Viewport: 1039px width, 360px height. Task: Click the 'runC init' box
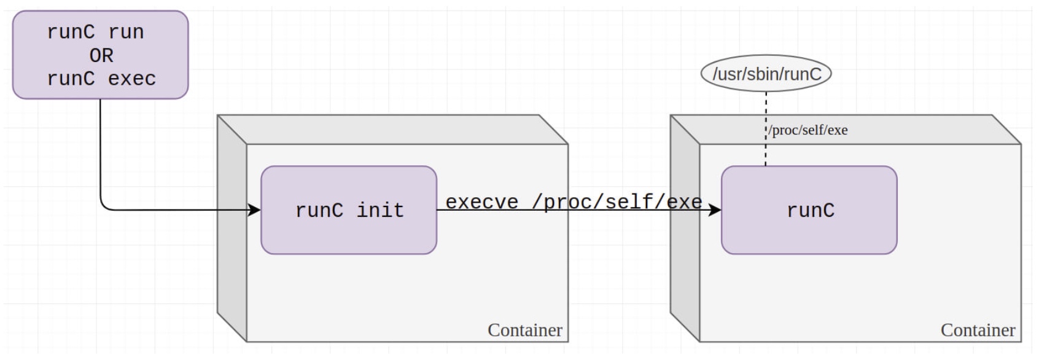click(x=348, y=210)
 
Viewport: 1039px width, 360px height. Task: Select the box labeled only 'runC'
click(x=809, y=210)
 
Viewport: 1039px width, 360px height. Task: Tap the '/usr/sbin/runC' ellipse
click(x=766, y=74)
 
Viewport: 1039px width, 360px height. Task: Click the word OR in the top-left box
click(x=101, y=55)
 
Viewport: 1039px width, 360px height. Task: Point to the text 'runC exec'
click(x=101, y=79)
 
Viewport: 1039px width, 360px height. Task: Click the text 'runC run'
click(x=95, y=32)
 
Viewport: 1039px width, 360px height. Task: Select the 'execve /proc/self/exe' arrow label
click(x=574, y=202)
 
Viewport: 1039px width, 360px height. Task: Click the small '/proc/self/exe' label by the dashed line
click(x=809, y=130)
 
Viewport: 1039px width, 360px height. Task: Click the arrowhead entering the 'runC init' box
click(x=254, y=210)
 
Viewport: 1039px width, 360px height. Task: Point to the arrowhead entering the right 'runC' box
click(x=715, y=210)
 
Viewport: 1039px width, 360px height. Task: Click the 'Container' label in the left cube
click(x=524, y=331)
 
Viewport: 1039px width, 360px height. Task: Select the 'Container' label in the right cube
click(x=978, y=331)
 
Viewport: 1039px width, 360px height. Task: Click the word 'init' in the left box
click(x=380, y=210)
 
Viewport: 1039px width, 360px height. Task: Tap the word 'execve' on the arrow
click(x=481, y=202)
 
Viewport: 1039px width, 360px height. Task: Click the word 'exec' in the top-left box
click(x=132, y=79)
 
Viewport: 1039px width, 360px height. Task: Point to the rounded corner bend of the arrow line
click(x=103, y=207)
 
